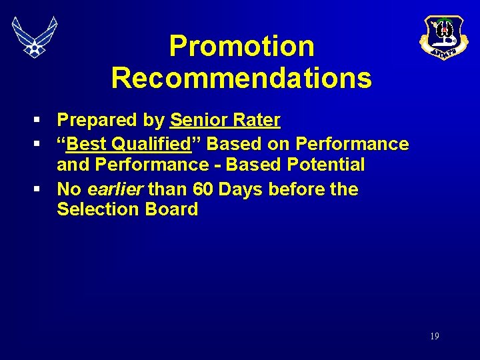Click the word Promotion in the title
pyautogui.click(x=241, y=46)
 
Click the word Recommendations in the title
pyautogui.click(x=241, y=77)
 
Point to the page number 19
pyautogui.click(x=434, y=337)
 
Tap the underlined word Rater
pyautogui.click(x=258, y=121)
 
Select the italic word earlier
pyautogui.click(x=115, y=189)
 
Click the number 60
pyautogui.click(x=203, y=189)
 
